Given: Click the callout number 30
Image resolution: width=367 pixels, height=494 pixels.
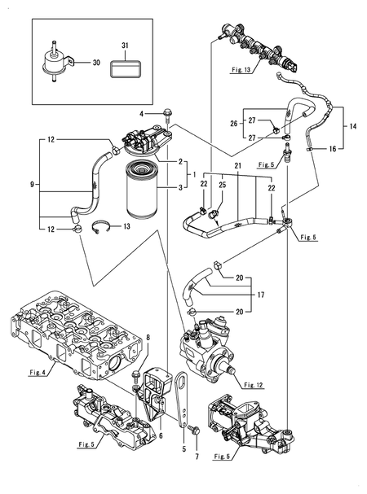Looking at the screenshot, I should click(95, 62).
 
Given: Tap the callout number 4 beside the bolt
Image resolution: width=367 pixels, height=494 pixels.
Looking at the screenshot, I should click(140, 113).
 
